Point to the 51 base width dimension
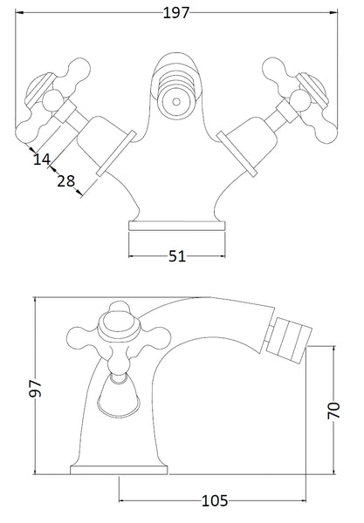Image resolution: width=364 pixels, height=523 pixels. (x=177, y=256)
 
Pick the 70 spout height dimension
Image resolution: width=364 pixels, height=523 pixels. (x=333, y=411)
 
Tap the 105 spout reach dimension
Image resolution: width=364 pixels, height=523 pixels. (x=214, y=500)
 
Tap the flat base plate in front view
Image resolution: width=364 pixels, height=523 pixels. (x=178, y=226)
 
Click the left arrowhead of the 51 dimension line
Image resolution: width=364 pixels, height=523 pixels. (x=132, y=256)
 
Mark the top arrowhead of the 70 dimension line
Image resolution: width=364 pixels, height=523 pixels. (x=333, y=348)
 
